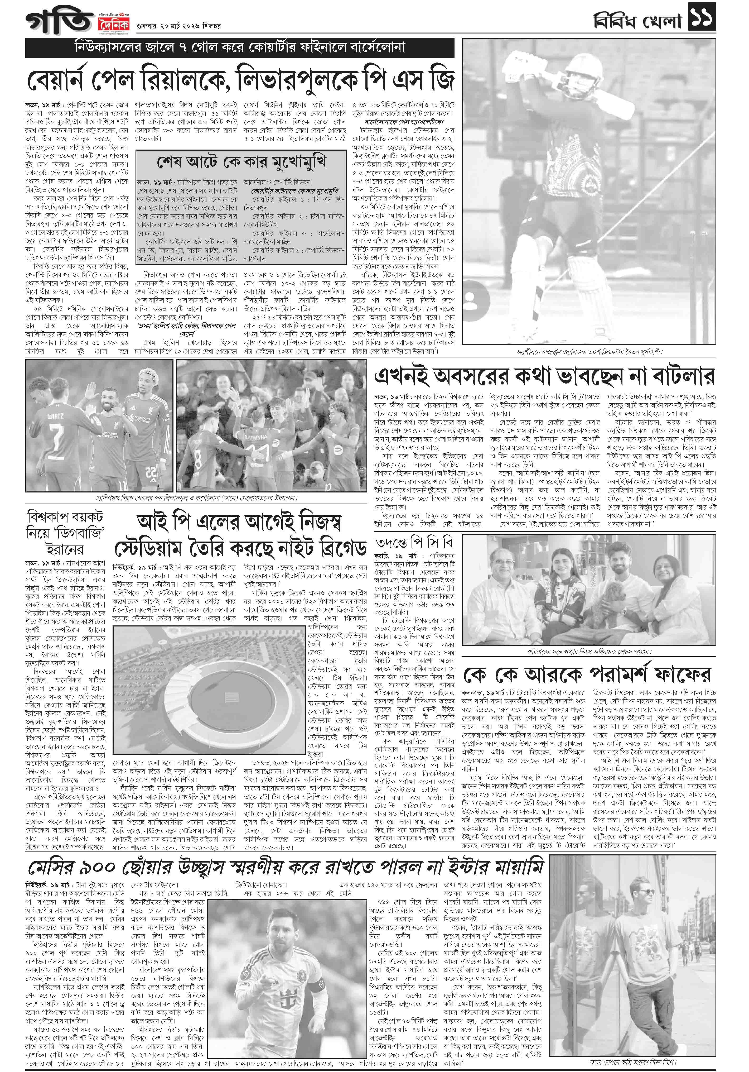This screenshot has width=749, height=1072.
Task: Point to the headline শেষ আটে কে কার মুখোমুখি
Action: point(241,162)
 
